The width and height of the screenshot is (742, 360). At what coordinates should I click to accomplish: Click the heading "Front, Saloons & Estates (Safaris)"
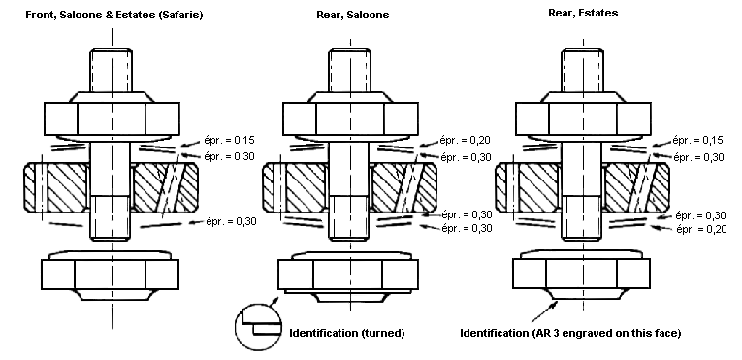pos(114,15)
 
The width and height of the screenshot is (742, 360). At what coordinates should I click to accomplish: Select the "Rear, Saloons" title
pos(352,15)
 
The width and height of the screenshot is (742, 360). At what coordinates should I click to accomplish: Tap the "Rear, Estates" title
pos(583,14)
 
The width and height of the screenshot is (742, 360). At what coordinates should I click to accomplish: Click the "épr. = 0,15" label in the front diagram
pos(230,140)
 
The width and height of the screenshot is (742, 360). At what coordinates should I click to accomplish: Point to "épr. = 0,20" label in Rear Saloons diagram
pos(466,140)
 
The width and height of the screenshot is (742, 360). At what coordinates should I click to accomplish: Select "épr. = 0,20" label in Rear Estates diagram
pos(701,229)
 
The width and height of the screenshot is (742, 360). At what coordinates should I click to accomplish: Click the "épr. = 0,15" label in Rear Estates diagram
pos(698,140)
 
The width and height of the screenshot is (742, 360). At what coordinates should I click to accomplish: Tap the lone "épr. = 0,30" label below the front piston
pos(231,220)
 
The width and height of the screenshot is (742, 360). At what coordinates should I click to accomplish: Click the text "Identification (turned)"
pos(347,333)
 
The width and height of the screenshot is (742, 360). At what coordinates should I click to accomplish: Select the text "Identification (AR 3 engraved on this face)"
pos(570,333)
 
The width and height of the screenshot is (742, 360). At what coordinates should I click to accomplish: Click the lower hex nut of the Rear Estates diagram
pos(581,275)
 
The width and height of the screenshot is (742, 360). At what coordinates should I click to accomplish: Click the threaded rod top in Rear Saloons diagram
pos(350,70)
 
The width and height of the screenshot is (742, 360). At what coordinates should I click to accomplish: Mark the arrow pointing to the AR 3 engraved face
pos(544,311)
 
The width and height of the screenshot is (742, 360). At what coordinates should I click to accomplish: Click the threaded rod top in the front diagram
pos(112,70)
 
